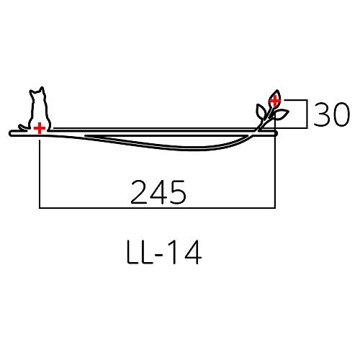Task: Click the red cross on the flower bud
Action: click(x=274, y=101)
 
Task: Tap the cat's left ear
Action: click(x=32, y=91)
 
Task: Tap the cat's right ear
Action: click(x=42, y=90)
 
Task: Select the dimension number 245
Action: click(x=158, y=192)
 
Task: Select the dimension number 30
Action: click(x=330, y=115)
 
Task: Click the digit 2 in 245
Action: click(x=140, y=192)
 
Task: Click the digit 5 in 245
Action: click(x=177, y=192)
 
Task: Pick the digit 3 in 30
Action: click(x=322, y=115)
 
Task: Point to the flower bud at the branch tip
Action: click(x=274, y=99)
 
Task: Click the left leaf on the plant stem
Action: click(x=261, y=111)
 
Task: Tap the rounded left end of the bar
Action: click(x=12, y=133)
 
